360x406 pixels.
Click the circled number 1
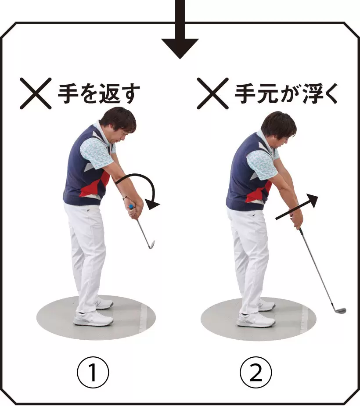click(x=93, y=373)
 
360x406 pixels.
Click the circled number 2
click(x=256, y=373)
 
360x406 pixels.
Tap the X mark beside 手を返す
click(x=36, y=93)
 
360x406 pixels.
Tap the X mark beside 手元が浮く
click(x=212, y=93)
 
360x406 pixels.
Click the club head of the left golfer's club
click(x=151, y=244)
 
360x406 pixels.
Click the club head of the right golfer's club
click(x=339, y=310)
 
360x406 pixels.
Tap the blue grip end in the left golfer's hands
click(x=132, y=206)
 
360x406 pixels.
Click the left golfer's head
click(x=119, y=125)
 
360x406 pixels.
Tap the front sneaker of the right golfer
click(x=256, y=320)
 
